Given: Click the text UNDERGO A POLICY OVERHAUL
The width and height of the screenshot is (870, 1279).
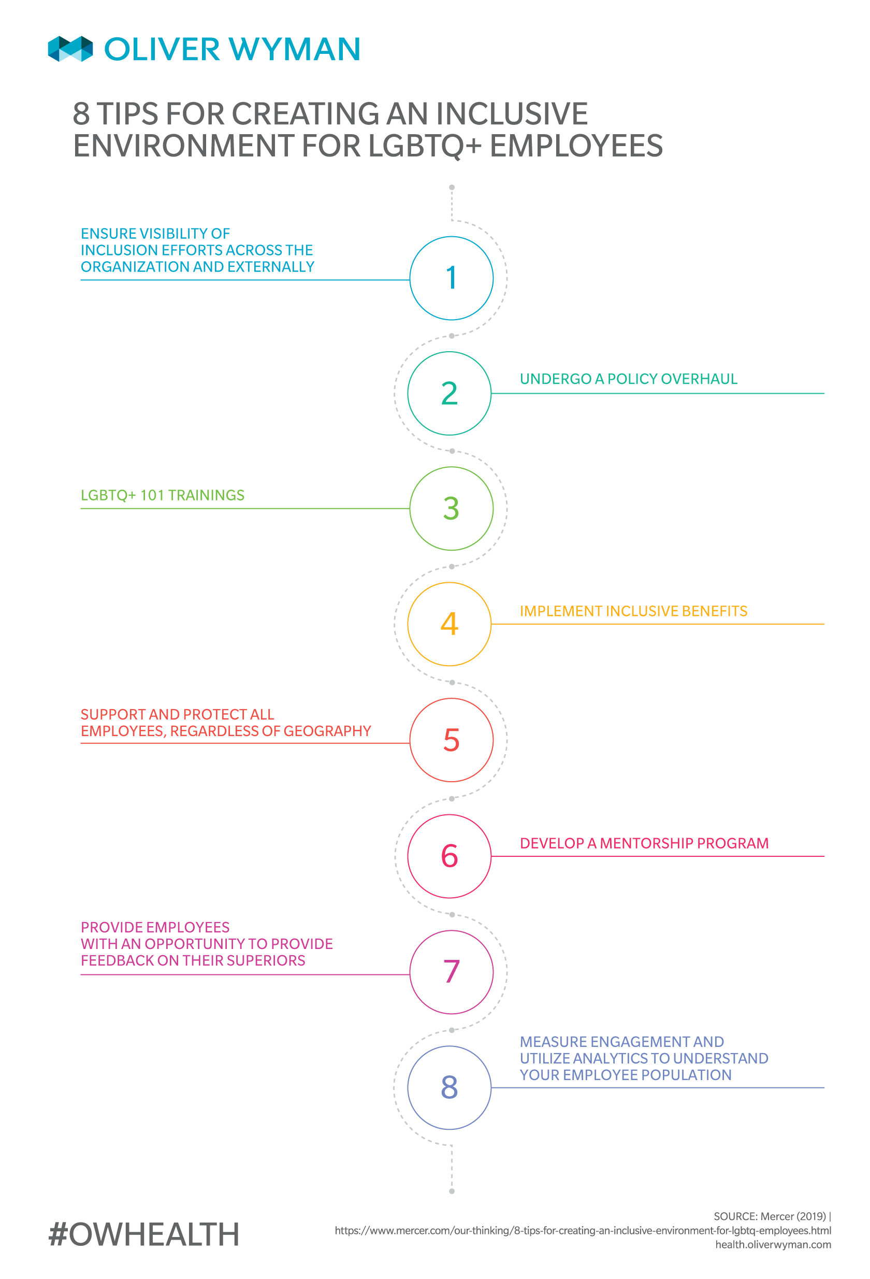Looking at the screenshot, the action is [x=629, y=379].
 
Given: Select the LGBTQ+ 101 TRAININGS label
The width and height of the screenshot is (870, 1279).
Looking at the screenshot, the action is [x=162, y=495].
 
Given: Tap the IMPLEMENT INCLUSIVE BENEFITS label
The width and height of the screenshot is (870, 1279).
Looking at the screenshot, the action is [x=633, y=611].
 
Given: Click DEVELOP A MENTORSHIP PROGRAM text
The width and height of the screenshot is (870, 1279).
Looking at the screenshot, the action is [x=644, y=844].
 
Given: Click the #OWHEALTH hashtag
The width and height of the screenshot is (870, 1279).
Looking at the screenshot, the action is [x=143, y=1234].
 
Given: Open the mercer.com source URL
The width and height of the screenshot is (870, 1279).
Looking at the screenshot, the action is [x=583, y=1231].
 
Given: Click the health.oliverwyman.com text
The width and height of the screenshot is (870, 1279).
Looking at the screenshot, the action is [x=773, y=1245].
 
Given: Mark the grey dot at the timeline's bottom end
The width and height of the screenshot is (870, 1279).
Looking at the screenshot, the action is [x=452, y=1191].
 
